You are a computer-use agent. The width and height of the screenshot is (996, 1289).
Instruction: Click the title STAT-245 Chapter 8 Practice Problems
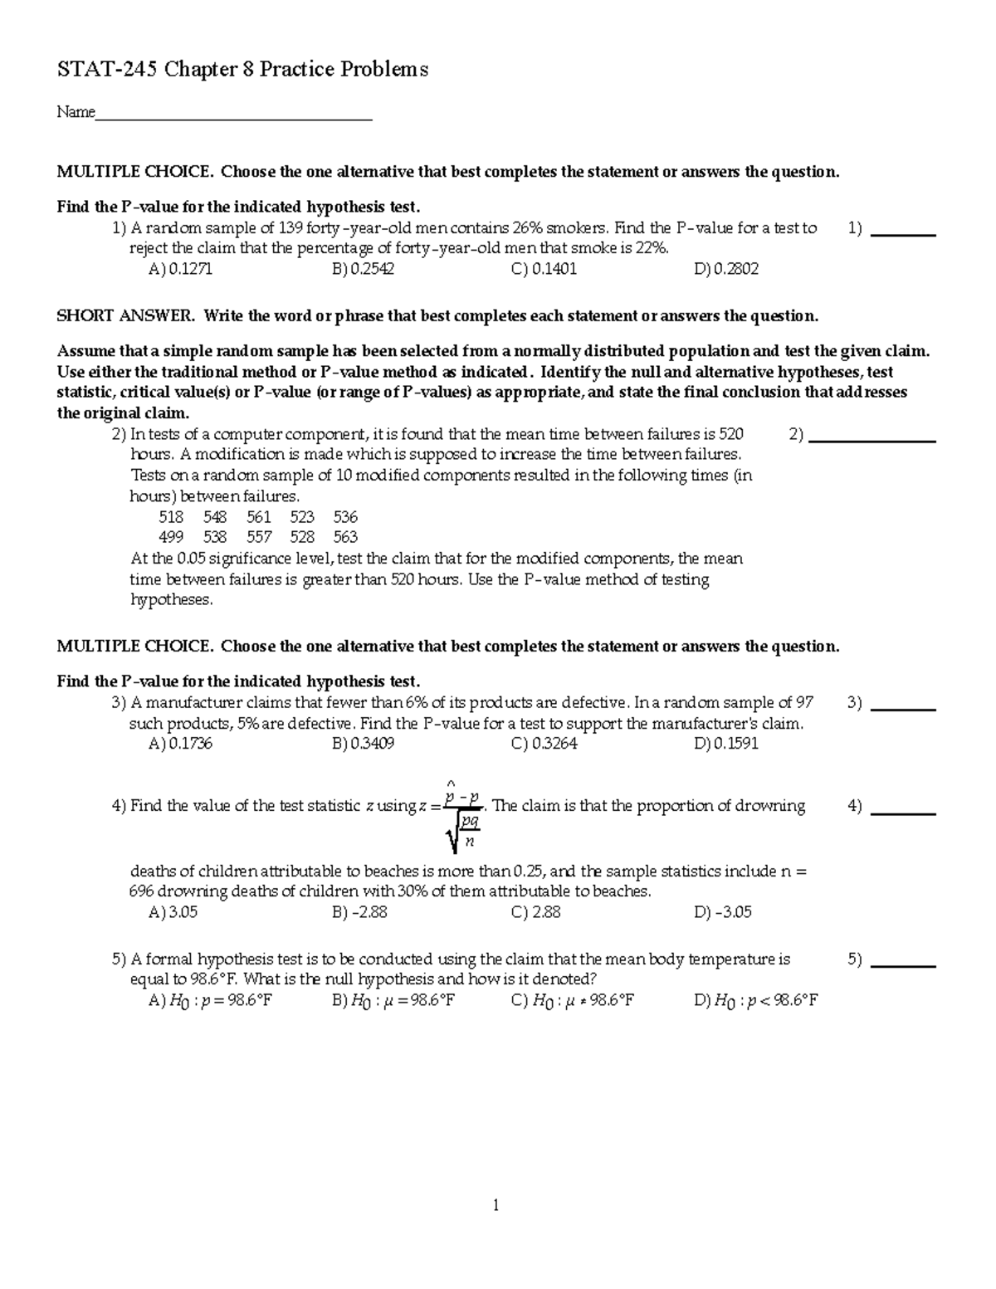tap(242, 70)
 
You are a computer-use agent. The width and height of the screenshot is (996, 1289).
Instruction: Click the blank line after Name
tap(234, 116)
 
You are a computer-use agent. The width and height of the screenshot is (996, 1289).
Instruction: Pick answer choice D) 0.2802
tap(726, 269)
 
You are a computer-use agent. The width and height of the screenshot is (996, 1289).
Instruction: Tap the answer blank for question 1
tap(906, 232)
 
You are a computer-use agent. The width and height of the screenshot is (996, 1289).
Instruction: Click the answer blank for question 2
tap(871, 437)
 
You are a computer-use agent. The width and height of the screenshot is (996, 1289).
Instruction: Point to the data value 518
tap(171, 516)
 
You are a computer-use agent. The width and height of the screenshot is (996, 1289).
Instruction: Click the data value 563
tap(345, 537)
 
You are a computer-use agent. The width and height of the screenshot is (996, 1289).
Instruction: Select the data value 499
tap(171, 537)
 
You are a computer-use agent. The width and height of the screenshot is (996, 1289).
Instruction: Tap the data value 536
tap(345, 516)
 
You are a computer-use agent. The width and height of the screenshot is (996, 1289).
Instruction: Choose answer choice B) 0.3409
tap(363, 744)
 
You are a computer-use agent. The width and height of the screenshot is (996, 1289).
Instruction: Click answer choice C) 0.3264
tap(544, 744)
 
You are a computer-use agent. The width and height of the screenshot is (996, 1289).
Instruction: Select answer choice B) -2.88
tap(359, 912)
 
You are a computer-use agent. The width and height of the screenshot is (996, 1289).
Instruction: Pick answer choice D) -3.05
tap(723, 912)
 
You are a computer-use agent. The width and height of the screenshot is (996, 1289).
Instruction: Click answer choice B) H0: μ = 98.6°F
tap(393, 1000)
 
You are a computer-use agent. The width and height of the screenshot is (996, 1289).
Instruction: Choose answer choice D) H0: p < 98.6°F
tap(756, 1000)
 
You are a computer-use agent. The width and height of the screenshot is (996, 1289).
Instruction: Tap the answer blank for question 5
tap(906, 963)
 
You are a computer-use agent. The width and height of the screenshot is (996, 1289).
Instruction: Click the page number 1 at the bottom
tap(496, 1205)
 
